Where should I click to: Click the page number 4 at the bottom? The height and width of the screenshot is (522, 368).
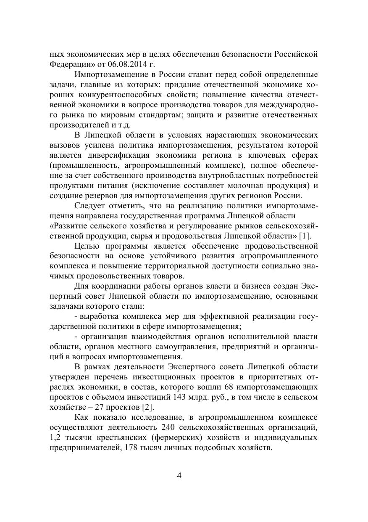click(x=179, y=476)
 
